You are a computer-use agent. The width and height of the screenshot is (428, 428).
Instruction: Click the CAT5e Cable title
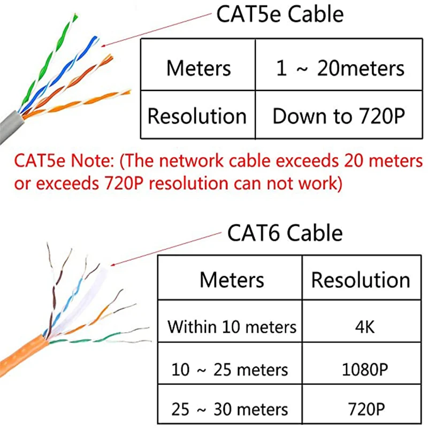click(279, 14)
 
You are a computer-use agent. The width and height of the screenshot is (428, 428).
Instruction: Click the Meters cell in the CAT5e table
click(198, 68)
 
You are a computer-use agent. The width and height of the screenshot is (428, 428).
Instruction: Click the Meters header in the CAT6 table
click(232, 280)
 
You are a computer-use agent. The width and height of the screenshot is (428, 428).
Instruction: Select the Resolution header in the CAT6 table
click(361, 280)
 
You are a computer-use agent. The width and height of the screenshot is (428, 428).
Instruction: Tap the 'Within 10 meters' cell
click(232, 326)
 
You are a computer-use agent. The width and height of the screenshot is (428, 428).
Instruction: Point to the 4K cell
click(360, 326)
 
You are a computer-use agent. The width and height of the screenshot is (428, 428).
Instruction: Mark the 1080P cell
click(360, 369)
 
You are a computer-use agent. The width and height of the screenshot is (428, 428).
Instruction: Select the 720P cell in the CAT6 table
click(360, 410)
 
